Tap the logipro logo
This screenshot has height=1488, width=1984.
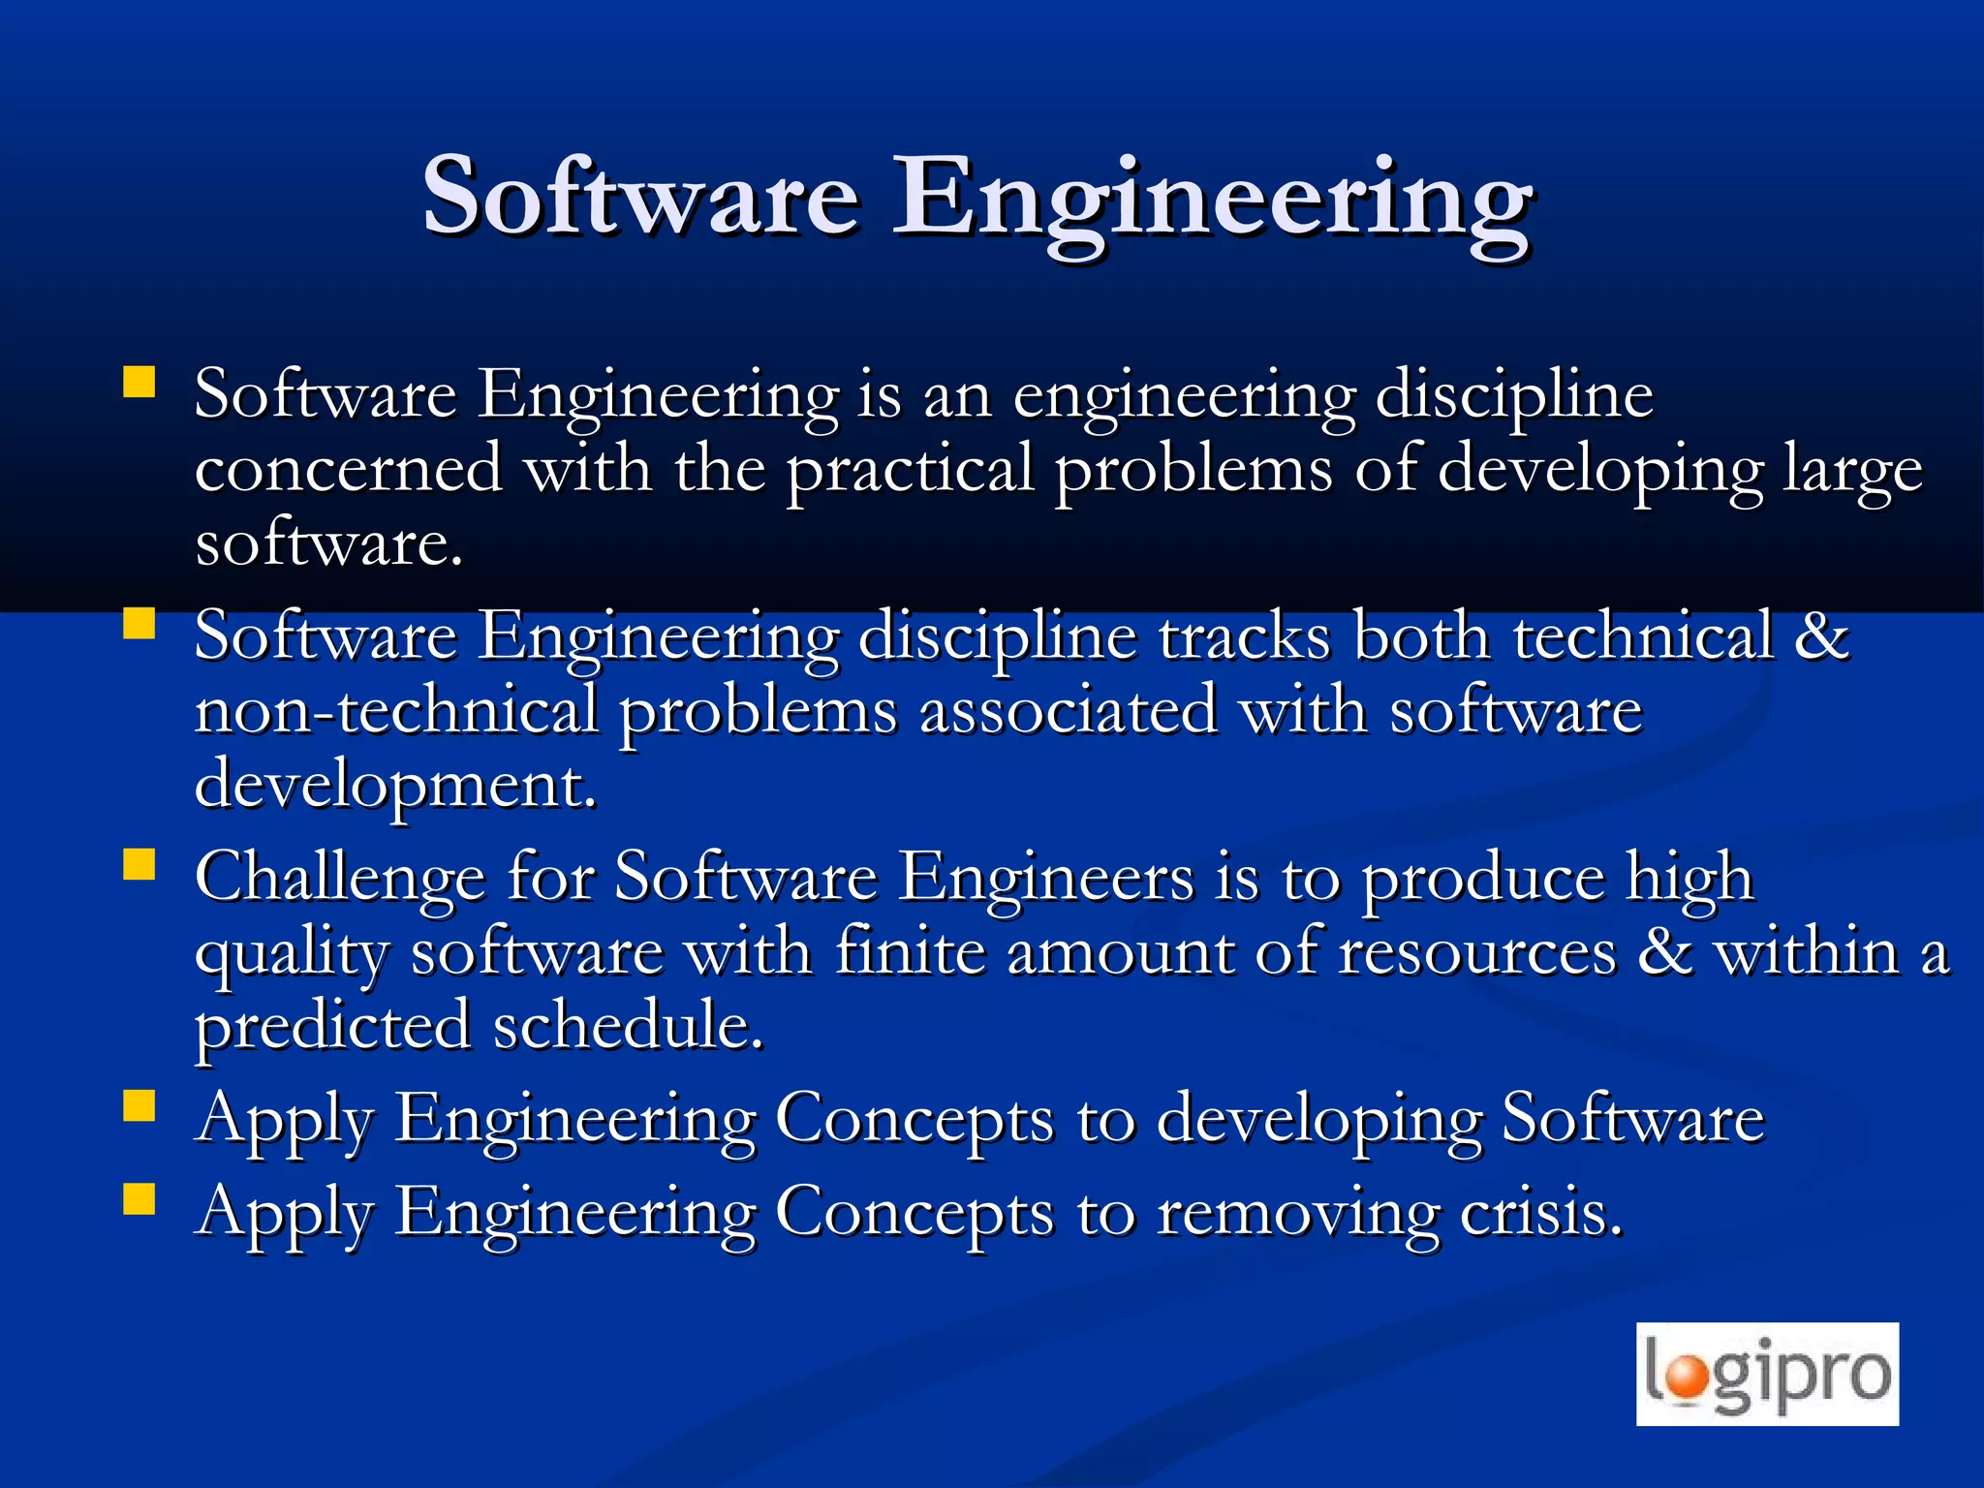(1767, 1374)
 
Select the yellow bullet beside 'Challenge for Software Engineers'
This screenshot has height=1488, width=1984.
(139, 863)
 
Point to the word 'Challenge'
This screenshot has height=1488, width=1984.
(339, 879)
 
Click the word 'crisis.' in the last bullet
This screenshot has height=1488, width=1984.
(1540, 1212)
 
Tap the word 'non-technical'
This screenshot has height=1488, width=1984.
(396, 710)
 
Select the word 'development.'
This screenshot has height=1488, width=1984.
(395, 785)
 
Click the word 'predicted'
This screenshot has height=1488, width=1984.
(332, 1026)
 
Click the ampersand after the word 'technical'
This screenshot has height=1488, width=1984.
(1822, 636)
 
